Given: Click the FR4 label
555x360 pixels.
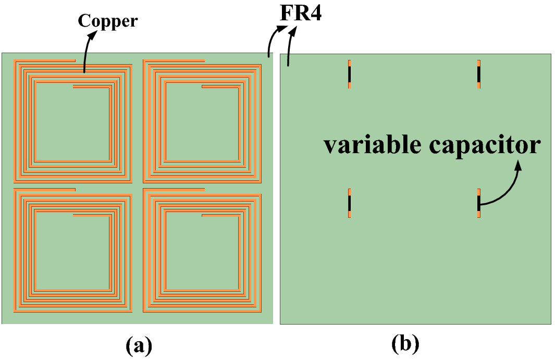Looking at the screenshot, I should pos(301,12).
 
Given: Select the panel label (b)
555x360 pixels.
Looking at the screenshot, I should pos(405,344).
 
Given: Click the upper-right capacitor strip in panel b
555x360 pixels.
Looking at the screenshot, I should pos(478,74).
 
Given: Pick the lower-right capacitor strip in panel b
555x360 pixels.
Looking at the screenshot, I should pos(478,203).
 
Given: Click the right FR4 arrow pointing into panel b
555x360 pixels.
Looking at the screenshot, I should pos(290,47).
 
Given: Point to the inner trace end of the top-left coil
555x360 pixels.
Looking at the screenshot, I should pos(75,86).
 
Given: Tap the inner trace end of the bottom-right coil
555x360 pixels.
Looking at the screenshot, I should pos(203,215).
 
